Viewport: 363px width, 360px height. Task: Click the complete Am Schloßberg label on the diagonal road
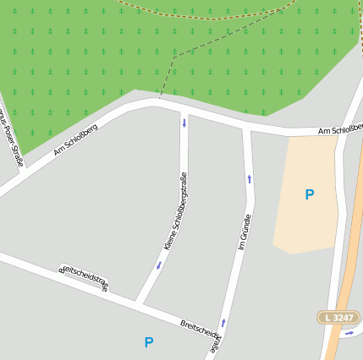tap(75, 139)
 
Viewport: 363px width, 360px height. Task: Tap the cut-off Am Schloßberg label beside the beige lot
tap(340, 129)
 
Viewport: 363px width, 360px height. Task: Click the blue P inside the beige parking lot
tap(310, 194)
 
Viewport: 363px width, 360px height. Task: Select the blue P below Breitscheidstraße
tap(149, 342)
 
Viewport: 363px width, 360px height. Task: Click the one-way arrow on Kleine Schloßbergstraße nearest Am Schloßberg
tap(184, 123)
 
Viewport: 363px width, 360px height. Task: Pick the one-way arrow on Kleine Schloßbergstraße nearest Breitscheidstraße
tap(158, 265)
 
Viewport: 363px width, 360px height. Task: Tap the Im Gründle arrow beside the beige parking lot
tap(249, 178)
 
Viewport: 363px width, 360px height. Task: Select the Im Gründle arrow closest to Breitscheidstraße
tap(223, 322)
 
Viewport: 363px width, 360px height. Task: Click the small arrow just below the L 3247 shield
tap(349, 333)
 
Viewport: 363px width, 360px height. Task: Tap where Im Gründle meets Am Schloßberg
tap(247, 129)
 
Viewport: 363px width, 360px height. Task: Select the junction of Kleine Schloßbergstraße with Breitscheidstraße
tap(139, 301)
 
